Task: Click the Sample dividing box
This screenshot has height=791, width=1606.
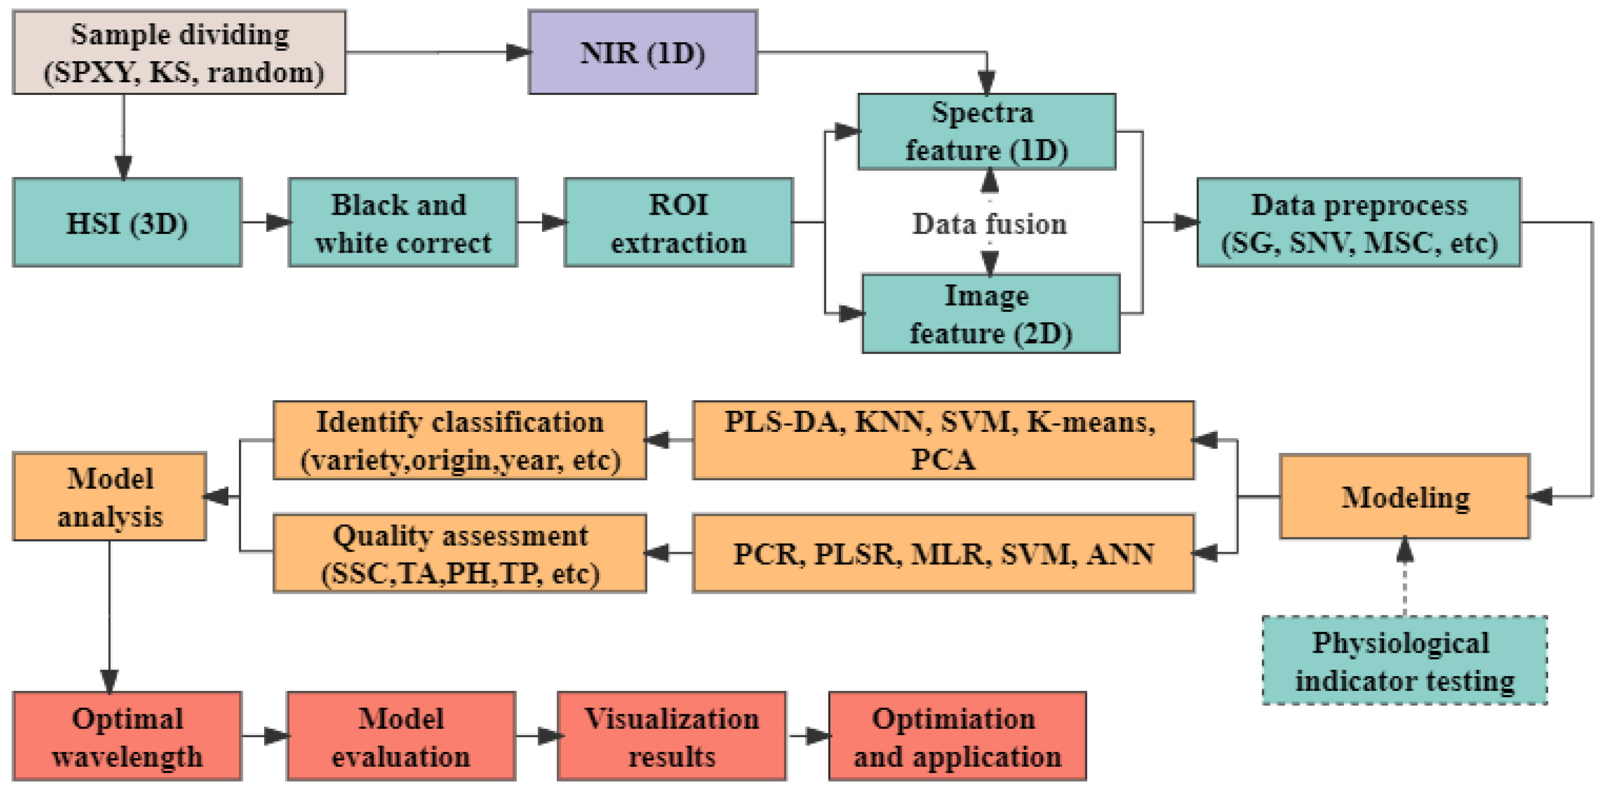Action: click(180, 53)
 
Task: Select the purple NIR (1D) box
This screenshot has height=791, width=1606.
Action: click(643, 53)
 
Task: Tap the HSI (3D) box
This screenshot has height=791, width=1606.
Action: click(127, 223)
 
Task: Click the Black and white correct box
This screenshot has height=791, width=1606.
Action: click(403, 223)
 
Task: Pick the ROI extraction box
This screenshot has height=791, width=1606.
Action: click(679, 223)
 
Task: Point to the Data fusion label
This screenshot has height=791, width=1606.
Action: click(990, 224)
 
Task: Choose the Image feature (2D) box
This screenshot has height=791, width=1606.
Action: click(991, 314)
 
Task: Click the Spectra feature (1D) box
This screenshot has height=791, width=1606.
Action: click(986, 131)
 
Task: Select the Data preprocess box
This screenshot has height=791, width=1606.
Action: click(1359, 223)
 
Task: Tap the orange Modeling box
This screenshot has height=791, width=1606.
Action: click(1405, 497)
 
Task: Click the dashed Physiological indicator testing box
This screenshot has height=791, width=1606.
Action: click(1404, 661)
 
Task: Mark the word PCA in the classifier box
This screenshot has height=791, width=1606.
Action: click(943, 460)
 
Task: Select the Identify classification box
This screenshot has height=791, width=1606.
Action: click(459, 441)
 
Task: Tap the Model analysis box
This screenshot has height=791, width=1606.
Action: click(110, 497)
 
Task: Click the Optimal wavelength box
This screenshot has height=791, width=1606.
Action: click(127, 736)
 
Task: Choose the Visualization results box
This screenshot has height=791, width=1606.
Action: click(672, 736)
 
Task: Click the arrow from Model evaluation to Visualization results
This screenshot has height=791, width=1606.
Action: click(537, 736)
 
